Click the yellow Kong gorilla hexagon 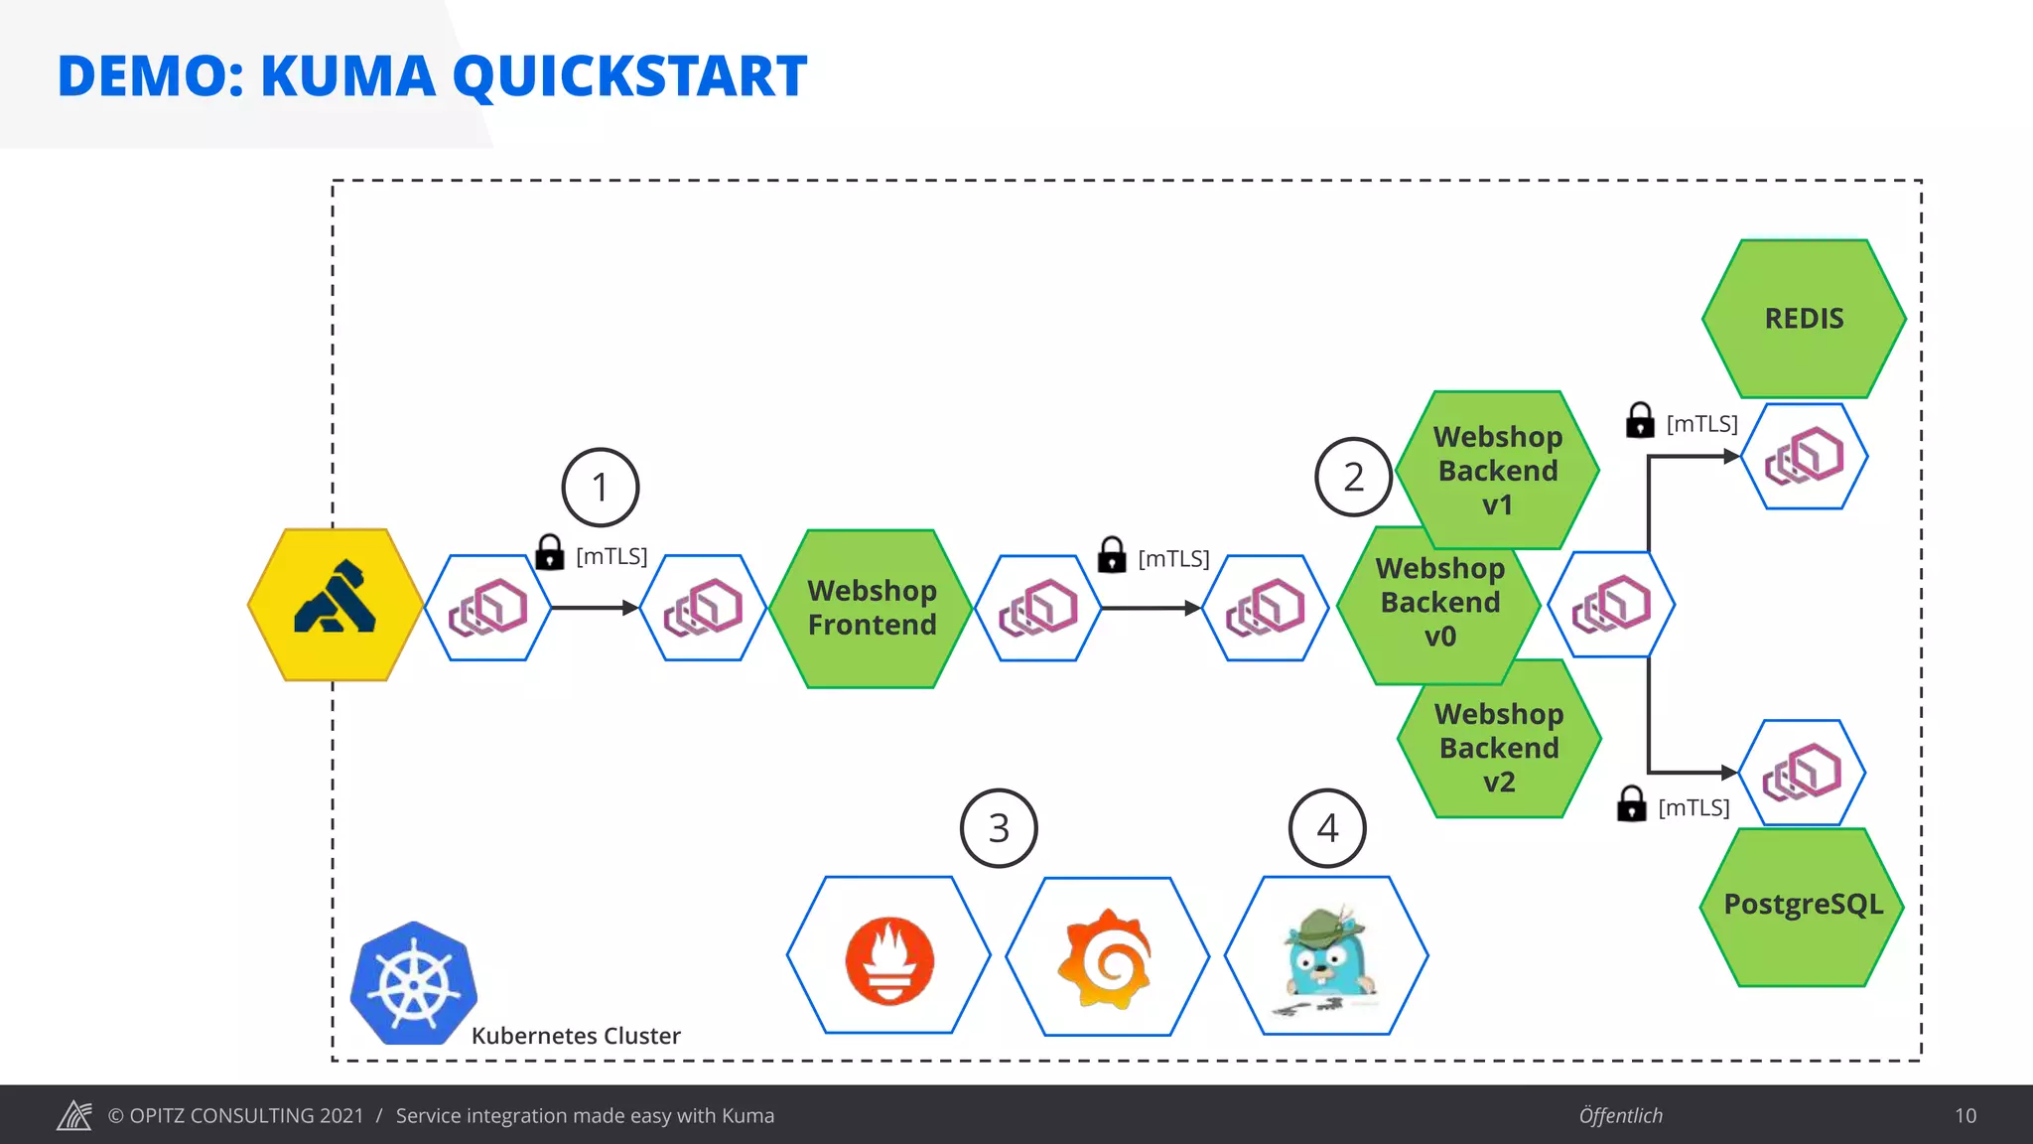point(336,605)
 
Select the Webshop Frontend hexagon point(872,608)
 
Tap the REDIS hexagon point(1804,319)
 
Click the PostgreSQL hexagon point(1803,905)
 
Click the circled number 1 point(600,488)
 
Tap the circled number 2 point(1353,477)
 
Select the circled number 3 point(999,828)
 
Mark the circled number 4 point(1327,828)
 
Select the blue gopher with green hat point(1327,954)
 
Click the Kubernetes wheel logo point(414,983)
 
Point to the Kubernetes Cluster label point(576,1036)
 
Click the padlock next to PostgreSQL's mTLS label point(1631,803)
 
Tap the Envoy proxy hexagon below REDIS point(1805,457)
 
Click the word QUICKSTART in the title point(629,76)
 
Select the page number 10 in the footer point(1965,1115)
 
